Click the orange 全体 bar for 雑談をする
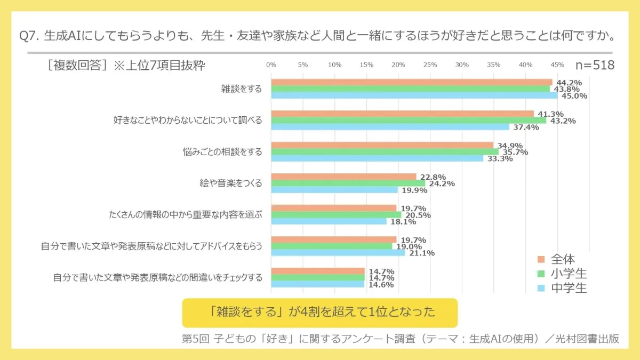coord(411,82)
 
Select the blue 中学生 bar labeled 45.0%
coord(414,95)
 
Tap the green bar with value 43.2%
coord(408,120)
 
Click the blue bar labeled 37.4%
coord(390,127)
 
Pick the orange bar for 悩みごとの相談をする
coord(382,145)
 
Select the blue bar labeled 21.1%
coord(338,253)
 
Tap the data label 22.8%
coord(433,177)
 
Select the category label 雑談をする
coord(242,89)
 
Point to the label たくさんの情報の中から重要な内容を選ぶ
coord(185,215)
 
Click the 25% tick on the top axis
coord(430,65)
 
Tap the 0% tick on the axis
coord(271,65)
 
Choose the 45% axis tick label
coord(557,65)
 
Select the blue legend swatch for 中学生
coord(541,289)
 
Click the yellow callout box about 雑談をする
coord(319,313)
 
